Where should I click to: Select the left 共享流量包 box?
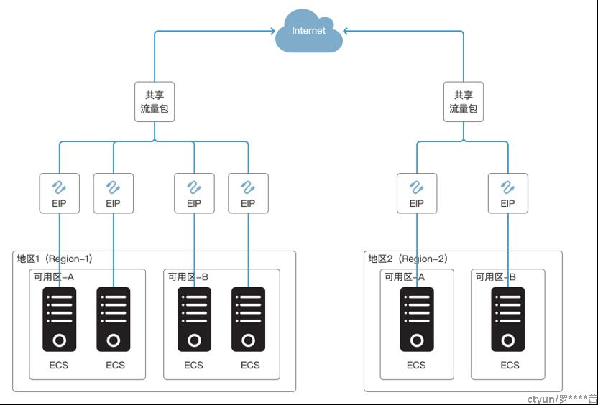[155, 102]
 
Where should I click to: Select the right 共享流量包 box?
[464, 102]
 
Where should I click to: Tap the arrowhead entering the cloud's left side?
[272, 32]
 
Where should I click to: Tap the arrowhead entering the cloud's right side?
[346, 32]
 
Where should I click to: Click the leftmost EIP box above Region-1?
[60, 194]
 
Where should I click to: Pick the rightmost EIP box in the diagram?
[508, 194]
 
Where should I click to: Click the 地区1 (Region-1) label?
[55, 259]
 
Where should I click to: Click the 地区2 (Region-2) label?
[408, 259]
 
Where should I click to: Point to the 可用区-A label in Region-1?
[54, 277]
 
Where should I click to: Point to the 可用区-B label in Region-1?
[188, 277]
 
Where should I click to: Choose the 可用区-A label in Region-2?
[404, 277]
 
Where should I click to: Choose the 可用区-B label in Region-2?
[495, 277]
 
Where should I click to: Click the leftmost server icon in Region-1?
[60, 320]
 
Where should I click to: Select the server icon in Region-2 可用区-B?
[508, 320]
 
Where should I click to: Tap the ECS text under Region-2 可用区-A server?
[416, 365]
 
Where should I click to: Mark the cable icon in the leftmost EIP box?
[59, 187]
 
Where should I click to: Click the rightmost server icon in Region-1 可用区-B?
[248, 320]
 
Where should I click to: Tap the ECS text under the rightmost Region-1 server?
[250, 365]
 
